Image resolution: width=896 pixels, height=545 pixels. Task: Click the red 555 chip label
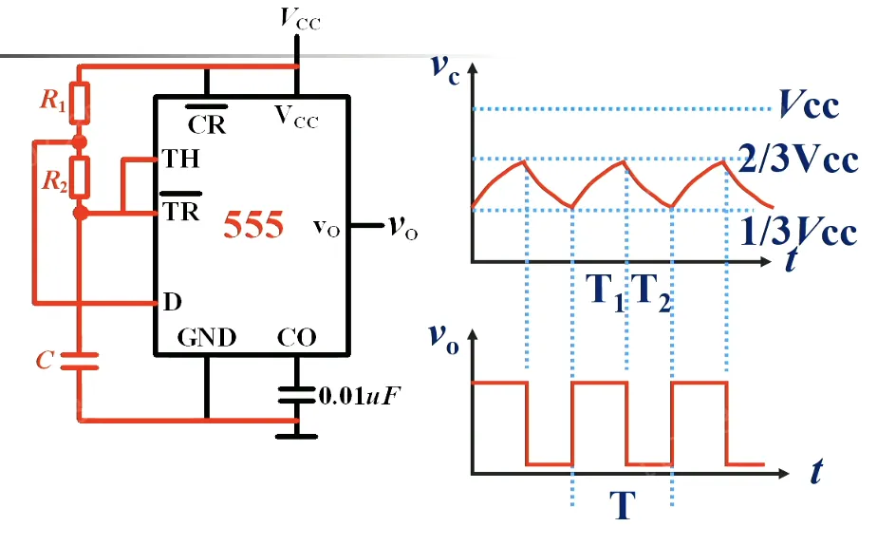pyautogui.click(x=252, y=227)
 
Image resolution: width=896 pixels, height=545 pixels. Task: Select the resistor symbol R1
pyautogui.click(x=81, y=103)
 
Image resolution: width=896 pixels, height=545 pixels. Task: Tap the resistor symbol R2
pyautogui.click(x=81, y=176)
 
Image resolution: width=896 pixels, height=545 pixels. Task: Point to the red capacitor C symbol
pyautogui.click(x=81, y=360)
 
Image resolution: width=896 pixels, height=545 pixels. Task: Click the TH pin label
pyautogui.click(x=181, y=159)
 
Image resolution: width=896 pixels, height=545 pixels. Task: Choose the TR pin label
pyautogui.click(x=181, y=210)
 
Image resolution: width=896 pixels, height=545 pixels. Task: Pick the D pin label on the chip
pyautogui.click(x=173, y=304)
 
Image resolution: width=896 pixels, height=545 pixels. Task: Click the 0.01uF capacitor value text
pyautogui.click(x=360, y=394)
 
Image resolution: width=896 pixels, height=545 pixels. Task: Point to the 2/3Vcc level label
pyautogui.click(x=797, y=159)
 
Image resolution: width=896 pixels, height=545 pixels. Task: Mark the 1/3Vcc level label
pyautogui.click(x=797, y=232)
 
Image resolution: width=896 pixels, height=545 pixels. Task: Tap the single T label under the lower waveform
pyautogui.click(x=622, y=506)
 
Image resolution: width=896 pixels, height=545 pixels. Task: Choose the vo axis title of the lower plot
pyautogui.click(x=442, y=339)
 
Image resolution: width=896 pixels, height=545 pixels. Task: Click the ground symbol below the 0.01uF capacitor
pyautogui.click(x=297, y=436)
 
